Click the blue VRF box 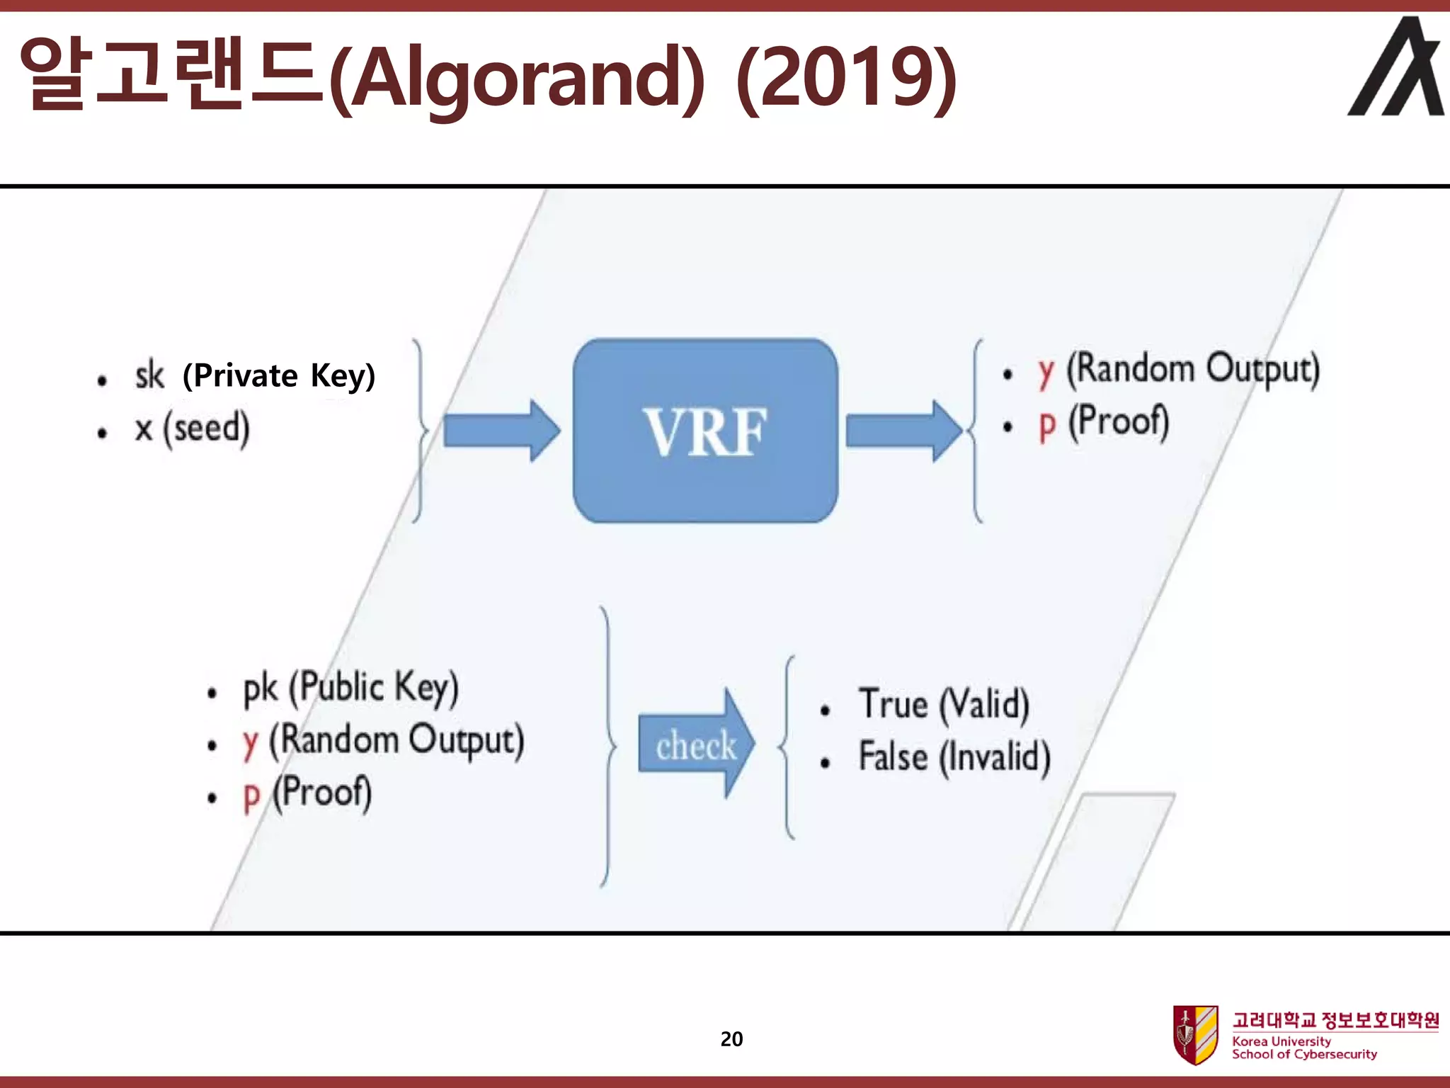(x=705, y=431)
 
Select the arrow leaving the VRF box (x=903, y=431)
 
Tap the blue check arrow (x=696, y=744)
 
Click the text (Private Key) (x=279, y=375)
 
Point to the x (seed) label (x=193, y=429)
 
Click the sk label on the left (x=149, y=375)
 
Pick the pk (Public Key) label (x=351, y=687)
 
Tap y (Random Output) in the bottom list (x=383, y=740)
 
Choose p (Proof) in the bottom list (x=307, y=793)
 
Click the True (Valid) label (x=944, y=705)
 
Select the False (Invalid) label (x=954, y=756)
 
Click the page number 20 (x=731, y=1039)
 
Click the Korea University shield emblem (x=1195, y=1035)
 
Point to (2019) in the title (x=846, y=76)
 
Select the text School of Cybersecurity (x=1304, y=1054)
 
